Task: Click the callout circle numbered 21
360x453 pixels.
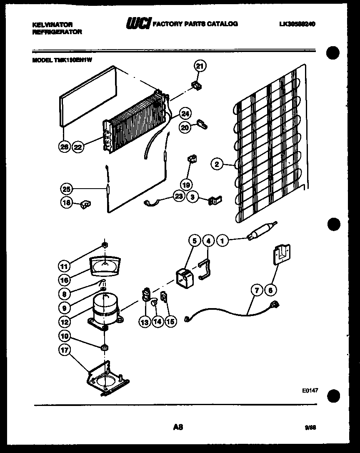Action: tap(200, 66)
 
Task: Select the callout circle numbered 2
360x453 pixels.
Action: tap(217, 164)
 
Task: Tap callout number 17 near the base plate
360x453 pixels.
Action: tap(65, 351)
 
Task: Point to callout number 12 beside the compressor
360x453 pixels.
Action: tap(65, 321)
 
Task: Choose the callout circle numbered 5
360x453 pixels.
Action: tap(194, 241)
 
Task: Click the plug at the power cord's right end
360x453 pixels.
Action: tap(274, 305)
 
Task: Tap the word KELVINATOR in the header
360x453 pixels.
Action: tap(52, 25)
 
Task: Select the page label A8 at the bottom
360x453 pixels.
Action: tap(178, 427)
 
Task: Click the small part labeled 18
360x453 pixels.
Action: tap(86, 204)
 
